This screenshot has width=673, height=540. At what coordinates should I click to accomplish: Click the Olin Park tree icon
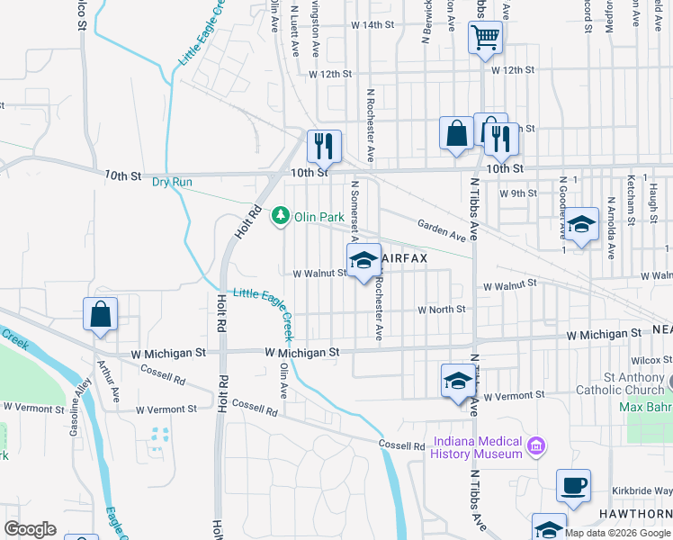tap(282, 216)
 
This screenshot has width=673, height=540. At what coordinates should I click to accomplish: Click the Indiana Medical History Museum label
tap(478, 447)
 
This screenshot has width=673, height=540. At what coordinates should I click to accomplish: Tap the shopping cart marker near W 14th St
tap(485, 38)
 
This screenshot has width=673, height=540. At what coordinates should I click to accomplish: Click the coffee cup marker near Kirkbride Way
tap(573, 486)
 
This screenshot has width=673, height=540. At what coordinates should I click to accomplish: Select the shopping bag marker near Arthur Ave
tap(100, 315)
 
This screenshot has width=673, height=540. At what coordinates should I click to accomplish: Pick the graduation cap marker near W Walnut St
tap(363, 261)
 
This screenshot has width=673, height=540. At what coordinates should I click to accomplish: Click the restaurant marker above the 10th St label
tap(324, 147)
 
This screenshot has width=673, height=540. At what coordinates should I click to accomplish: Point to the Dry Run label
tap(172, 182)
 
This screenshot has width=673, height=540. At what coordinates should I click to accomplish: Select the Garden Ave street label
tap(441, 230)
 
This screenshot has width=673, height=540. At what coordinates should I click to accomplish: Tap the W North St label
tap(441, 310)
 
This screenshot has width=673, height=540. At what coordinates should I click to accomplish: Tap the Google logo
tap(30, 529)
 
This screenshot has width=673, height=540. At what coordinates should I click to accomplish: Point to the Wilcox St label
tap(657, 359)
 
